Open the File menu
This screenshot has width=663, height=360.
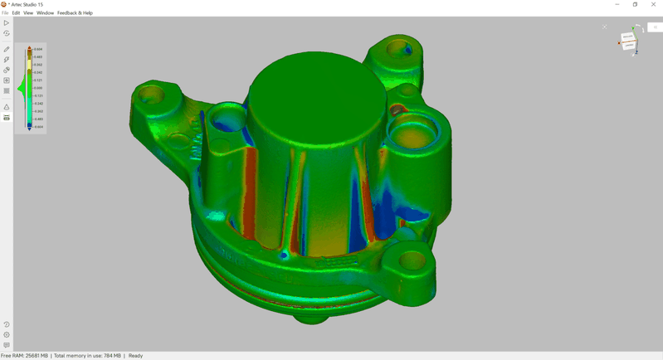5,13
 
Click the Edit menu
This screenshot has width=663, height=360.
16,13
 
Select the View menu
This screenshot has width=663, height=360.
28,13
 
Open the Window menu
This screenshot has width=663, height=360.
45,13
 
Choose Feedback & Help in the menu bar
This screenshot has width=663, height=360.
75,13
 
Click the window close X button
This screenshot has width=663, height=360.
653,4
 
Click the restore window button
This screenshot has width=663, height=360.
635,4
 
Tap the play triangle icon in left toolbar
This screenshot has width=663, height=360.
7,23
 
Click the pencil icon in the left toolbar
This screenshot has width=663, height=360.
7,50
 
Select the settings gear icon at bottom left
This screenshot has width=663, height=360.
7,335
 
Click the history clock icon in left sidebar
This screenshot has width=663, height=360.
7,325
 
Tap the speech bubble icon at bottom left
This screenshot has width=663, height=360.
7,345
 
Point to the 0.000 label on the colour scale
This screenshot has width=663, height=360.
38,88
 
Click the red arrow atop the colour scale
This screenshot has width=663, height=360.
29,48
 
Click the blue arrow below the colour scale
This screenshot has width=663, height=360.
29,129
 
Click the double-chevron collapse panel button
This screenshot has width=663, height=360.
655,27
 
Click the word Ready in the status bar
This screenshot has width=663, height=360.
135,356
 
